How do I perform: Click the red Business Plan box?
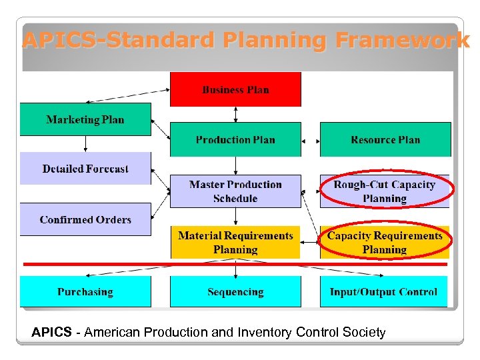tap(235, 89)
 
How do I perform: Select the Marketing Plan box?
tap(85, 120)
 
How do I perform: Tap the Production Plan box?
tap(235, 139)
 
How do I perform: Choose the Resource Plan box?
tap(385, 139)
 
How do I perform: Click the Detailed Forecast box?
tap(85, 169)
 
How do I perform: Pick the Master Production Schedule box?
tap(235, 191)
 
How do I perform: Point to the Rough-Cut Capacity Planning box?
tap(385, 191)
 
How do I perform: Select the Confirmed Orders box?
tap(85, 219)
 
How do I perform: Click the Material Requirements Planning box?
tap(235, 242)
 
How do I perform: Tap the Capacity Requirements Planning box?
tap(385, 242)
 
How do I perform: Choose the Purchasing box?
tap(85, 292)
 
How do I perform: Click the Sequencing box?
tap(235, 292)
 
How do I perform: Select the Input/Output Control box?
tap(384, 292)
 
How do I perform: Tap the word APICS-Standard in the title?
tap(107, 41)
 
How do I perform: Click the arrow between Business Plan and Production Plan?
tap(235, 114)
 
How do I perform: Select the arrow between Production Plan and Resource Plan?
tap(310, 141)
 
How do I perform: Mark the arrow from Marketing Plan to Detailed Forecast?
tap(85, 144)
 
